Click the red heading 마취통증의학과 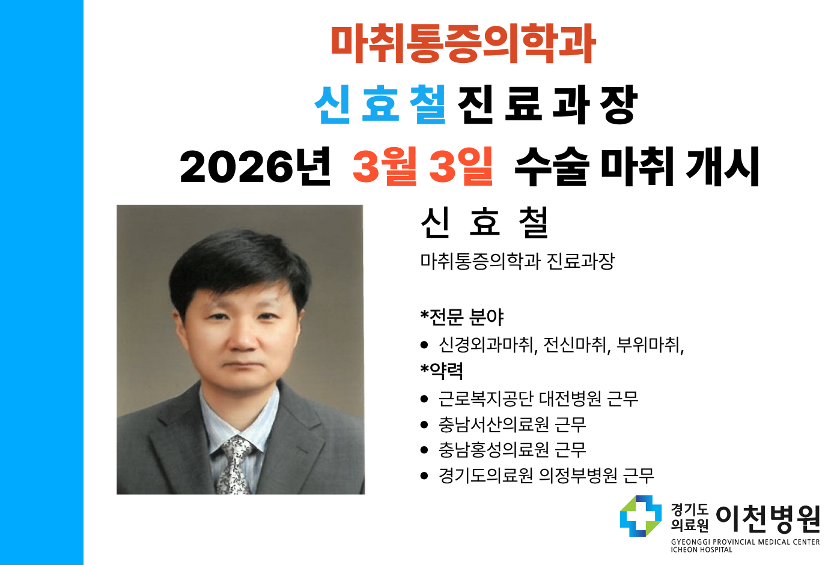click(x=463, y=43)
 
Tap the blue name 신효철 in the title click(x=380, y=104)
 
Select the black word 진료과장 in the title click(x=547, y=104)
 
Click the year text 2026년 click(x=255, y=166)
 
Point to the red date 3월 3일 click(x=422, y=166)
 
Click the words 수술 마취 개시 click(x=637, y=166)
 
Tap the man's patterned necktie click(x=235, y=465)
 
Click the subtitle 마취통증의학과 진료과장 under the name click(x=517, y=261)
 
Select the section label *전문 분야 click(x=462, y=316)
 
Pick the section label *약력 click(x=442, y=370)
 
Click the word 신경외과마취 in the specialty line click(x=487, y=345)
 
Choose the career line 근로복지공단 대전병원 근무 click(x=538, y=398)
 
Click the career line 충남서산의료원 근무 click(x=512, y=425)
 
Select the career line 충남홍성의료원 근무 click(x=512, y=449)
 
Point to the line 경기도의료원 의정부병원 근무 click(x=546, y=476)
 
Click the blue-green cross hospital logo click(x=641, y=516)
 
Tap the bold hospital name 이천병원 click(x=768, y=519)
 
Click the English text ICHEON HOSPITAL click(x=701, y=550)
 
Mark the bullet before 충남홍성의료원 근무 click(x=424, y=450)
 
